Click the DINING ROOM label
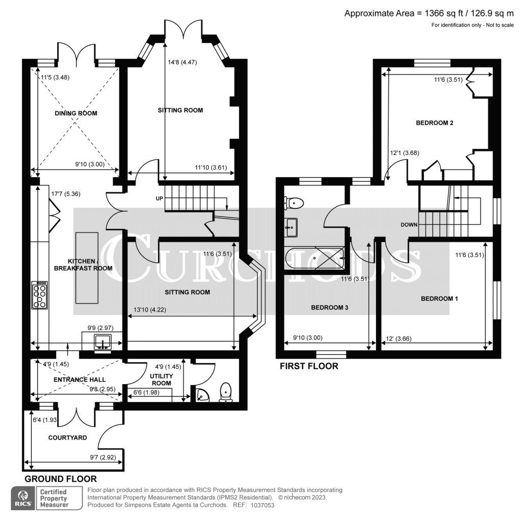point(76,113)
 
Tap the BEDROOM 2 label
point(435,123)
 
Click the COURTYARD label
point(67,438)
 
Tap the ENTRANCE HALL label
point(80,379)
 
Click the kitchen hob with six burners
point(40,295)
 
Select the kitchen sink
point(103,343)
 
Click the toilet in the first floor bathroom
point(295,203)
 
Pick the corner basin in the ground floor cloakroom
point(201,395)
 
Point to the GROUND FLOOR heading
point(60,479)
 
